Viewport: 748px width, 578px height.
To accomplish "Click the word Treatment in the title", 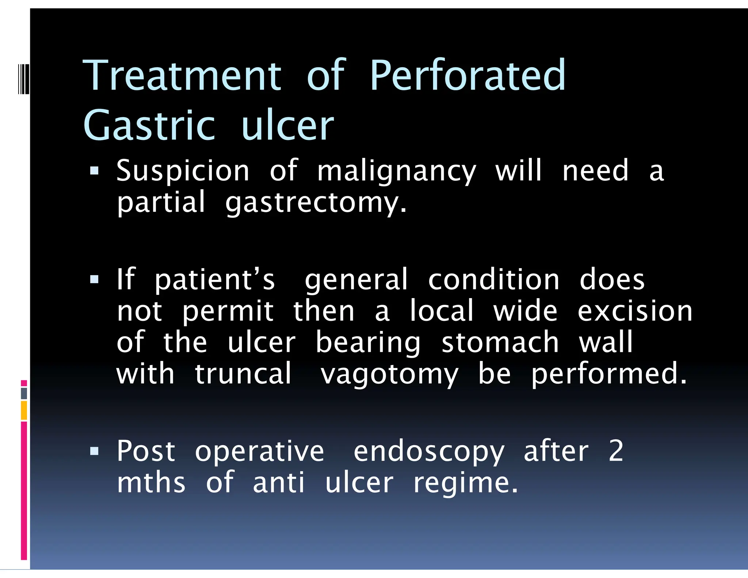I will [x=182, y=76].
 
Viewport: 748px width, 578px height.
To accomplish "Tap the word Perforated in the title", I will [x=467, y=76].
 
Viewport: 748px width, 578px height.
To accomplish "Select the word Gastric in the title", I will [x=149, y=125].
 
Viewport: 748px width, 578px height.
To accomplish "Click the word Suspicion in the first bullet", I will [x=183, y=171].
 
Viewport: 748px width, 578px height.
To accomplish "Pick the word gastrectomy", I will [x=316, y=203].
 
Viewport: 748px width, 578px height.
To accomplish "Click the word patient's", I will [x=215, y=280].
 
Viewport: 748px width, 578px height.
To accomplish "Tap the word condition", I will [x=493, y=280].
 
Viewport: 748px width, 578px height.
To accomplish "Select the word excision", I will [x=635, y=311].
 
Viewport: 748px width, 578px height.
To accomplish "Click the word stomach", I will [x=500, y=342].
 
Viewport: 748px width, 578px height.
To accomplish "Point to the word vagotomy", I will [x=389, y=374].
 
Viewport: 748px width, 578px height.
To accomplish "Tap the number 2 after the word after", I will [x=616, y=451].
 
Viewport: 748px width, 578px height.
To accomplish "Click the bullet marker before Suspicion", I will [x=94, y=171].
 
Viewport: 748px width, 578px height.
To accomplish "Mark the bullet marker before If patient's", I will [x=94, y=280].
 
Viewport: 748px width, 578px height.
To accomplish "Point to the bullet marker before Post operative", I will [x=94, y=452].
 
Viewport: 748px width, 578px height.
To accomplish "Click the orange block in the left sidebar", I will [x=24, y=410].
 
